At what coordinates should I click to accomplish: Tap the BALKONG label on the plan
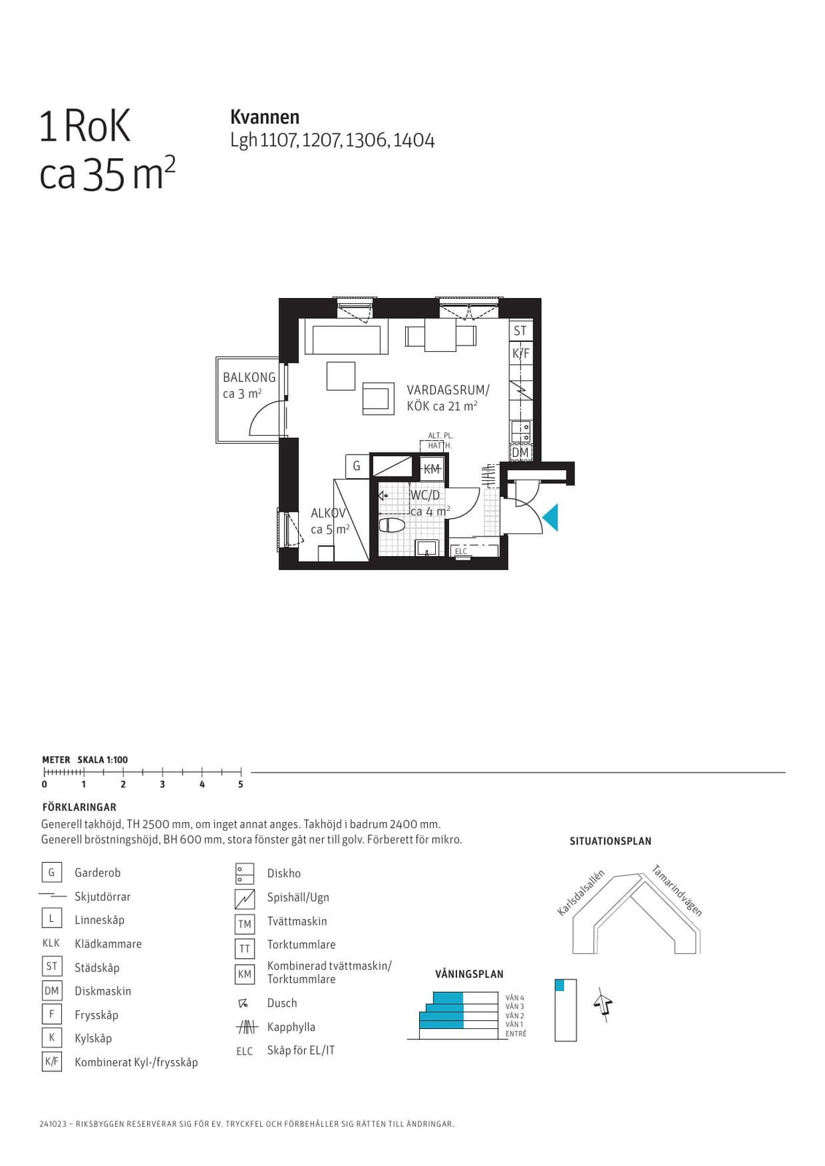(249, 377)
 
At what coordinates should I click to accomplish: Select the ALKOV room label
(328, 513)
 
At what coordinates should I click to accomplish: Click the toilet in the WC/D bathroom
(392, 525)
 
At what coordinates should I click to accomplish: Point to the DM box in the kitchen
(520, 453)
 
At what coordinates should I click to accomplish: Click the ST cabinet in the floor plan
(520, 331)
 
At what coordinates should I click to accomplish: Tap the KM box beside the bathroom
(431, 469)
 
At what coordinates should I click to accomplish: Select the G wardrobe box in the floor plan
(356, 466)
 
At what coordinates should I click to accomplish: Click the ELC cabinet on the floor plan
(461, 551)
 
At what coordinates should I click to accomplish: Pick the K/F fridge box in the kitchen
(520, 353)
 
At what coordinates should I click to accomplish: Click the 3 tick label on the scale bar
(163, 784)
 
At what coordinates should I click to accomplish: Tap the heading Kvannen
(265, 117)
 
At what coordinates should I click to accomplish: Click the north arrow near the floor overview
(603, 1003)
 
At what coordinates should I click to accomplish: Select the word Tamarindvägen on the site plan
(677, 890)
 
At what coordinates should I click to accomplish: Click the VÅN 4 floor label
(515, 998)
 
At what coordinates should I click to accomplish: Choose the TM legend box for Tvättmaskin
(245, 924)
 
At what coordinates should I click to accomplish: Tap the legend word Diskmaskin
(103, 991)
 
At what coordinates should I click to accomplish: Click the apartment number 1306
(367, 141)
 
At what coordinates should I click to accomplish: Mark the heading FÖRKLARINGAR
(79, 807)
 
